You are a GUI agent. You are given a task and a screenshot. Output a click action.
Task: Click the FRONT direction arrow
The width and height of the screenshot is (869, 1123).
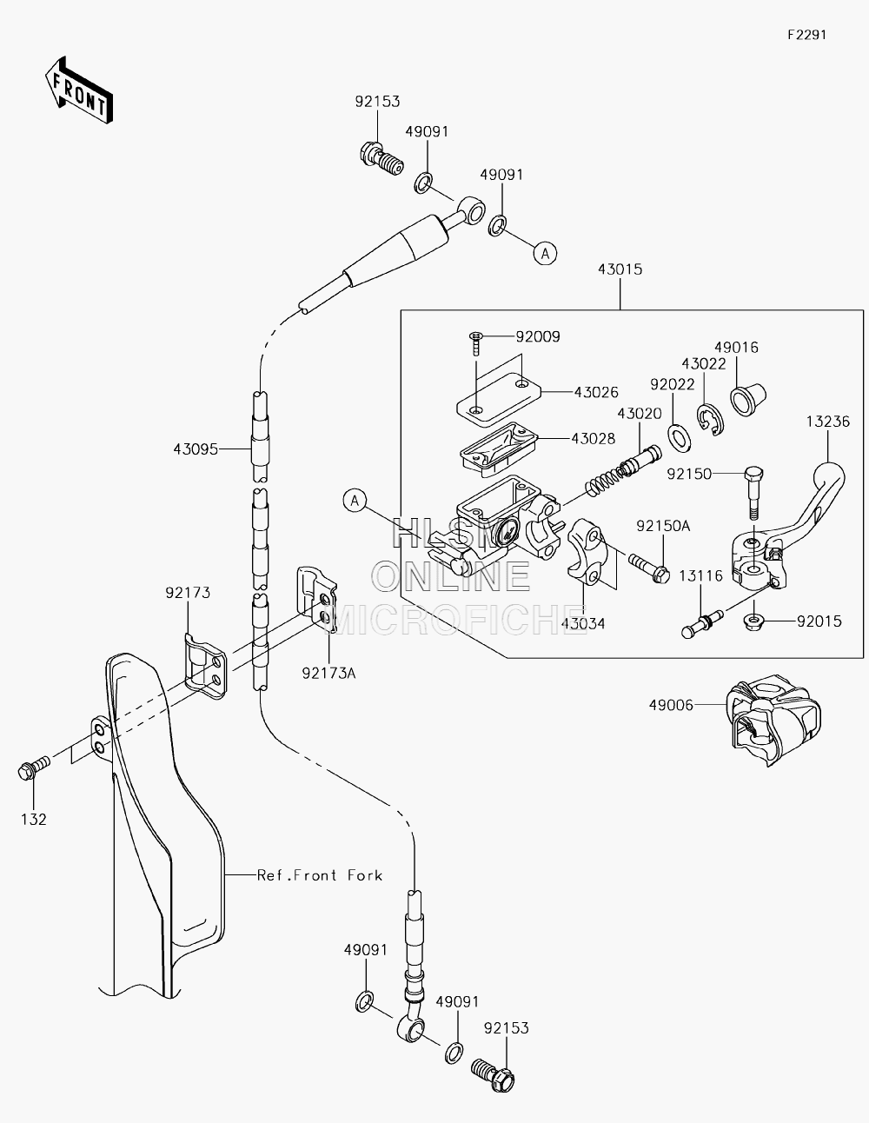click(x=78, y=90)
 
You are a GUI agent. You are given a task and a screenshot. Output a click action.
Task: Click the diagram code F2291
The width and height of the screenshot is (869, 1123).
click(x=807, y=35)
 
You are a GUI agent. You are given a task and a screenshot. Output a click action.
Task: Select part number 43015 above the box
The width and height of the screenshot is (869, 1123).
click(x=620, y=269)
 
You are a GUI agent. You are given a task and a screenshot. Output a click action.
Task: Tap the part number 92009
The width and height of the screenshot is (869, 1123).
click(x=538, y=336)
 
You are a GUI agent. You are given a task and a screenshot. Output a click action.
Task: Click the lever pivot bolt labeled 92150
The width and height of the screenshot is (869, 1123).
click(x=754, y=493)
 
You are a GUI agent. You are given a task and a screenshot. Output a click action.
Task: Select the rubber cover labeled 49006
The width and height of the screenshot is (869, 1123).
click(x=773, y=720)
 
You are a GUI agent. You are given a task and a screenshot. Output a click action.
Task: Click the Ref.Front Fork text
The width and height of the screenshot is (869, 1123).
click(x=320, y=875)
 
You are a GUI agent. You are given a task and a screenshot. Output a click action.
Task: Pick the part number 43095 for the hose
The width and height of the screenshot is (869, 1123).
click(x=196, y=449)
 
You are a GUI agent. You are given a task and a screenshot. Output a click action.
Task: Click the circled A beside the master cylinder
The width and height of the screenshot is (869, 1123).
click(x=355, y=501)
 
